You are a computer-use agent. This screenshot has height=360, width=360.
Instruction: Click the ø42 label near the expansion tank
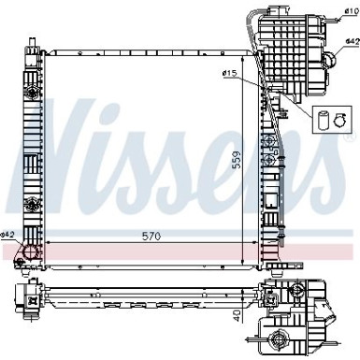(x=351, y=42)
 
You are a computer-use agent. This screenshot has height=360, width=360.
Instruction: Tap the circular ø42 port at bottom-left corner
(x=30, y=253)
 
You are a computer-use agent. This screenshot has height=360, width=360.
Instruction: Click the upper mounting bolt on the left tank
(x=32, y=92)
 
